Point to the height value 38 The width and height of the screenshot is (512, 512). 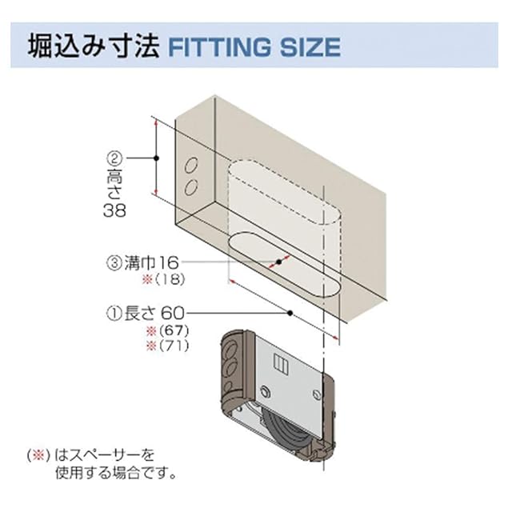115,212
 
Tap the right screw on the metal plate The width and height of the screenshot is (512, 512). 318,394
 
